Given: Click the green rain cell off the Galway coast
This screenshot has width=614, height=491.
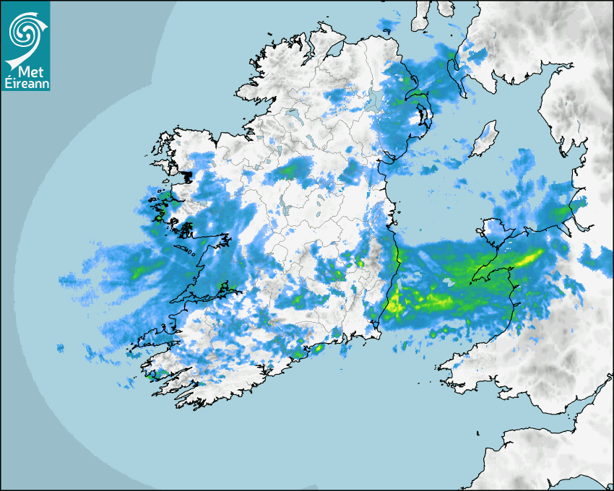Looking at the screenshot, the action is point(138,273).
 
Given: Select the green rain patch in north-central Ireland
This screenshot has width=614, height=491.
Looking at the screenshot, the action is point(290,170).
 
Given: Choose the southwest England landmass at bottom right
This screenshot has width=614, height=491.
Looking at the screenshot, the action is point(549,455).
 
